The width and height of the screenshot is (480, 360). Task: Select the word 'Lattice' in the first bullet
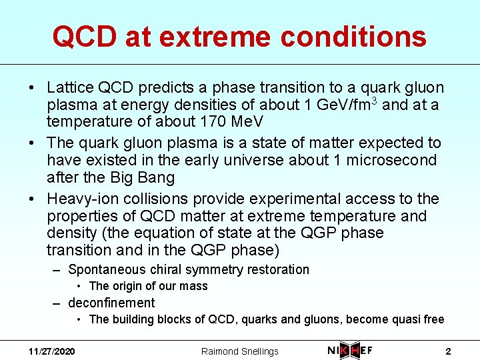click(x=70, y=88)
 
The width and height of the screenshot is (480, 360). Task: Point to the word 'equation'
click(x=179, y=233)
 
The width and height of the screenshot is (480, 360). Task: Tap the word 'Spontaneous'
click(x=107, y=269)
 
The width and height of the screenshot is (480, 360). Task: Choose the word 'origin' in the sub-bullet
click(x=129, y=286)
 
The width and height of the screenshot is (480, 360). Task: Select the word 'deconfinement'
click(x=111, y=303)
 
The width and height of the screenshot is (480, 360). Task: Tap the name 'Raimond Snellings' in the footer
click(x=240, y=351)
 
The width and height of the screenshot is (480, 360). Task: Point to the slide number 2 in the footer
click(x=448, y=351)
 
